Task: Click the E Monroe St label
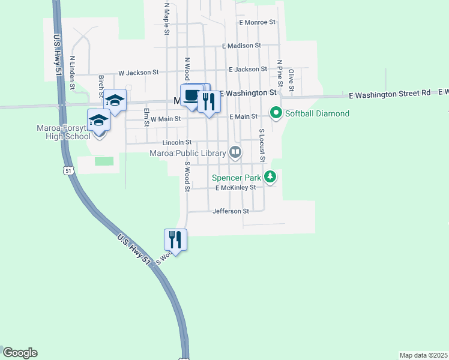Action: click(256, 22)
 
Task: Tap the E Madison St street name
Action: click(241, 46)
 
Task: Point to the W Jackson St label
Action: click(138, 72)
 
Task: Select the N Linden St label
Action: click(72, 73)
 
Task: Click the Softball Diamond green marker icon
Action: click(276, 113)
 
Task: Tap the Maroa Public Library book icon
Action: click(235, 153)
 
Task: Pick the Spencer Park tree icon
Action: click(271, 178)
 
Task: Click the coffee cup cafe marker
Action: click(191, 96)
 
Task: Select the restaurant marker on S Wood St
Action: click(175, 239)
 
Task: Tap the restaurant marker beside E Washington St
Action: click(209, 101)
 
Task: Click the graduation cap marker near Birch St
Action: click(115, 101)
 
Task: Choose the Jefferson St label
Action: click(231, 211)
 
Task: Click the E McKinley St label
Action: click(236, 187)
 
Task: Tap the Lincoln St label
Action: click(176, 143)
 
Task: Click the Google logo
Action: click(20, 353)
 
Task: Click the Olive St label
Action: click(291, 80)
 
